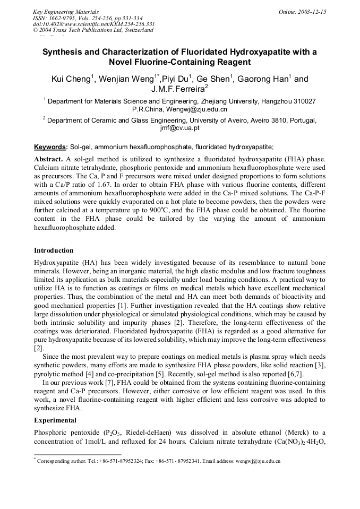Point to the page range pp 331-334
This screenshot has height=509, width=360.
click(x=126, y=18)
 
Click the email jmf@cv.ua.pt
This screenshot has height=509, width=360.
click(x=179, y=128)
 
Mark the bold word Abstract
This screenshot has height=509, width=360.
click(x=49, y=159)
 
